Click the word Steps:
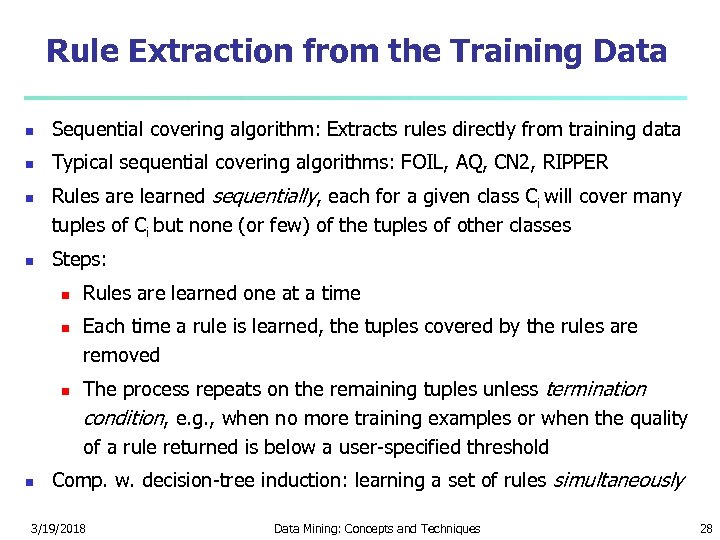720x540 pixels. pyautogui.click(x=79, y=259)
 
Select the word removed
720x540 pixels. pyautogui.click(x=121, y=355)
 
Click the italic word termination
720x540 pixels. pyautogui.click(x=594, y=389)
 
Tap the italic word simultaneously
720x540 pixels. pyautogui.click(x=618, y=480)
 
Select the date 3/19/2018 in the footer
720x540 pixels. pyautogui.click(x=57, y=528)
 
